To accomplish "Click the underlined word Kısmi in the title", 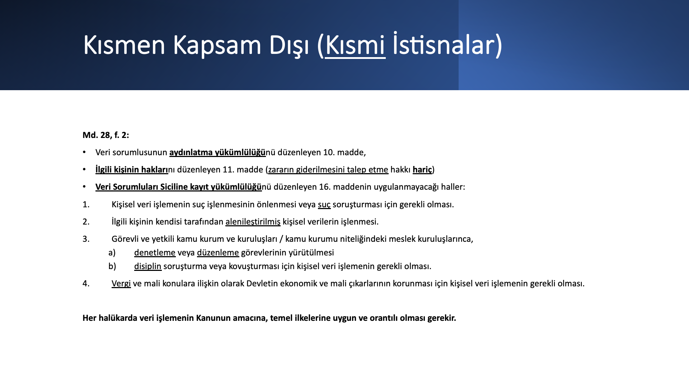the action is pos(355,45).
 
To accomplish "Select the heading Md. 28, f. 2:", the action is pos(106,135).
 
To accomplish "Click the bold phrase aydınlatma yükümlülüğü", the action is pos(217,153).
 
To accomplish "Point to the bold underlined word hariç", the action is pos(422,170).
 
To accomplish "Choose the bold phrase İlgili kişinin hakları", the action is pos(132,170).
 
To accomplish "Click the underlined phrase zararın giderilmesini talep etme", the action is pos(328,170).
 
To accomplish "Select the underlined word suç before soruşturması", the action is pos(324,205).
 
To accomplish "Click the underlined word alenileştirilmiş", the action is pos(253,222).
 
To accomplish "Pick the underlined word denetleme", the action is pos(155,253).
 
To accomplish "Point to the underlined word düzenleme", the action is pos(218,253).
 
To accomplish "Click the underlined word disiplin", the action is pos(148,267).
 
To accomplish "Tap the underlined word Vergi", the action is pos(121,284).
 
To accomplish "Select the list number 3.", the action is pos(86,239).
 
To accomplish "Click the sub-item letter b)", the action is pos(112,266).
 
